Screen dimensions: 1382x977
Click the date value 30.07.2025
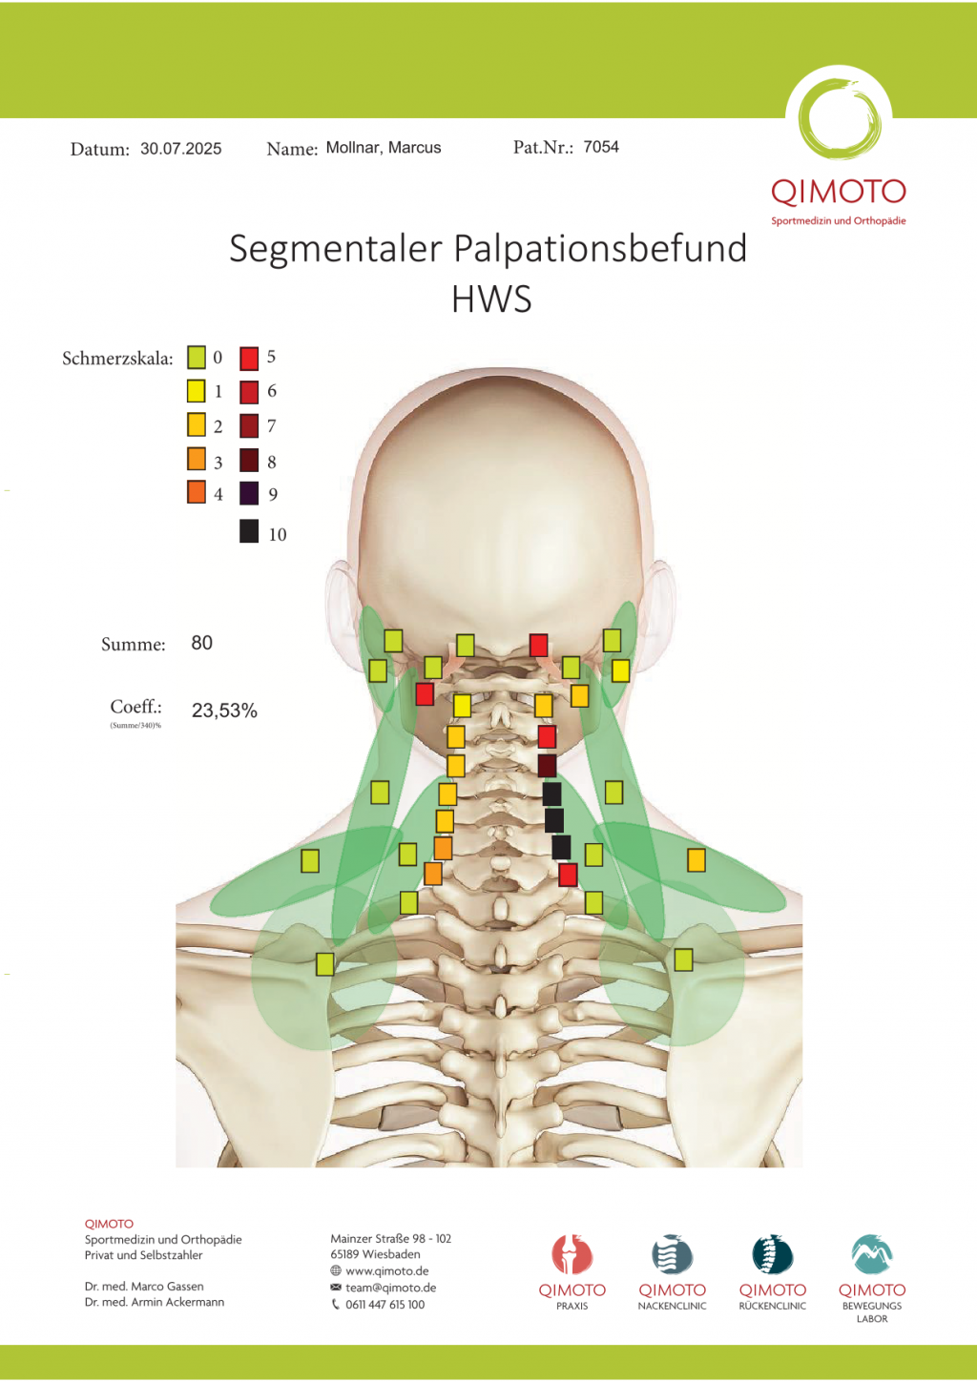180,149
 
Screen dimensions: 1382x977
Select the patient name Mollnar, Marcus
384,148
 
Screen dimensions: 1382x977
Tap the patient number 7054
601,147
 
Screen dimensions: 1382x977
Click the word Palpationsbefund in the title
600,249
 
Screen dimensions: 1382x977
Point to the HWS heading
491,299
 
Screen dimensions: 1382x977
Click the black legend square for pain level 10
249,531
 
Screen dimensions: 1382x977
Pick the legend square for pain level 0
197,358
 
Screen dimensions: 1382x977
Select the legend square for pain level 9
249,493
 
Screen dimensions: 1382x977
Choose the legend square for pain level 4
197,492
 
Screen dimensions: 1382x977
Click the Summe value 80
201,643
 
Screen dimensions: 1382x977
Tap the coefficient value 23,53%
224,711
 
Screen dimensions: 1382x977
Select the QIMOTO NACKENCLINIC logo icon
672,1255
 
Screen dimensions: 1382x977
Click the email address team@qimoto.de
390,1288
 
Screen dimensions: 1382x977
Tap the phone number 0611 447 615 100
385,1305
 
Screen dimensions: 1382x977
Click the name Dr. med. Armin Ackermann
155,1302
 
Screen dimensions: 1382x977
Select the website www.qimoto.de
386,1271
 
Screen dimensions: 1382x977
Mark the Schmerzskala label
117,359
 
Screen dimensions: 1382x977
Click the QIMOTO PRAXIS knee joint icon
572,1255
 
